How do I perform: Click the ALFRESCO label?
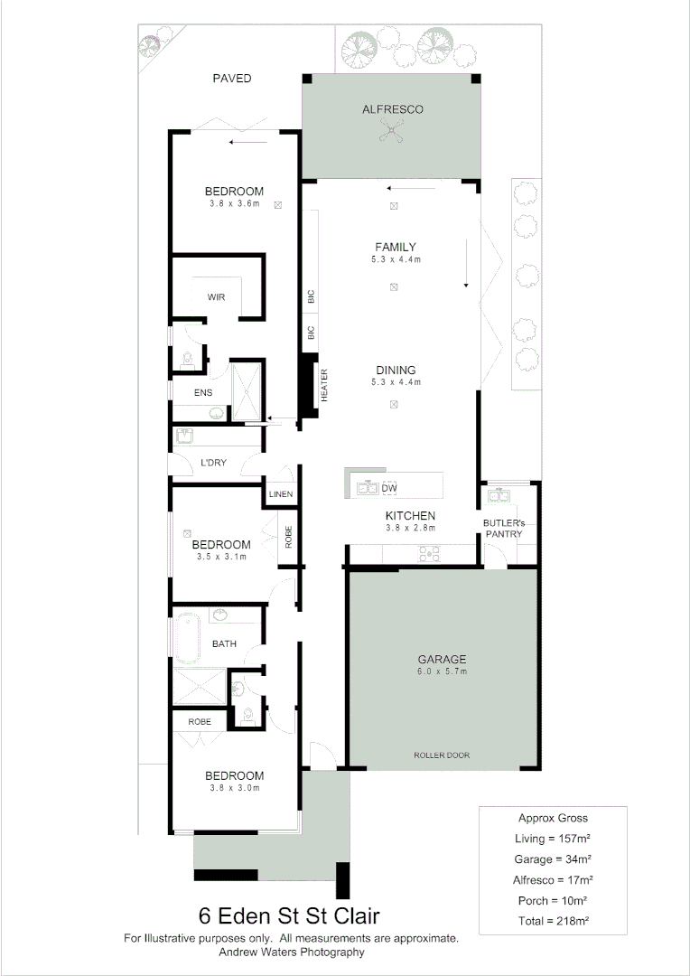point(392,109)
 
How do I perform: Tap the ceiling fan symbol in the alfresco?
point(392,133)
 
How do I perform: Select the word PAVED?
point(232,79)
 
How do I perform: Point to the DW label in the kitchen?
point(389,489)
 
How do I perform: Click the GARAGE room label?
point(441,659)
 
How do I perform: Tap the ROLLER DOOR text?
point(442,755)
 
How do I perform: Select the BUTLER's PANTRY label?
point(503,528)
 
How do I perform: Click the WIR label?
point(216,296)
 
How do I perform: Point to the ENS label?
point(204,393)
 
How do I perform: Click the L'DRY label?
point(213,463)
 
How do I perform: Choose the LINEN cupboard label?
point(281,494)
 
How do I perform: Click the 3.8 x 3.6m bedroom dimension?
point(234,203)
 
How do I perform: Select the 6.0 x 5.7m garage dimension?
point(441,671)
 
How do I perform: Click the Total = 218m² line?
point(553,921)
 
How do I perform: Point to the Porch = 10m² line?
point(553,900)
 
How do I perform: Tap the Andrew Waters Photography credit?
point(292,952)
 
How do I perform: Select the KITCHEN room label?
point(411,516)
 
